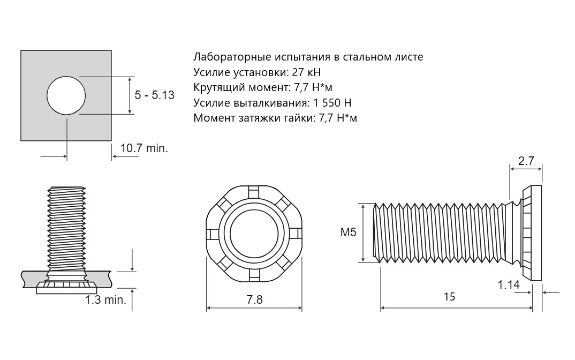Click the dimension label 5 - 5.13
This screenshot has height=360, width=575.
tap(154, 95)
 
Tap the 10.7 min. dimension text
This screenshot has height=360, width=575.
tap(144, 148)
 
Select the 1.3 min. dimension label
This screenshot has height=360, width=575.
tap(106, 299)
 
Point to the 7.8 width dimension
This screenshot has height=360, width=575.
tap(254, 299)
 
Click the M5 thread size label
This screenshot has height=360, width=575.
tap(348, 232)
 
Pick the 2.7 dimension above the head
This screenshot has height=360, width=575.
tap(526, 160)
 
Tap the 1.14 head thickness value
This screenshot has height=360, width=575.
tap(509, 285)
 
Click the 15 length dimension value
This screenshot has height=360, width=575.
tap(449, 296)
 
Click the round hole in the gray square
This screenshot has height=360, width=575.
tap(66, 95)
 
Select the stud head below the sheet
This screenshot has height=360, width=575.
tap(66, 289)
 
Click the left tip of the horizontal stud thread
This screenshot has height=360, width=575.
tap(376, 232)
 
